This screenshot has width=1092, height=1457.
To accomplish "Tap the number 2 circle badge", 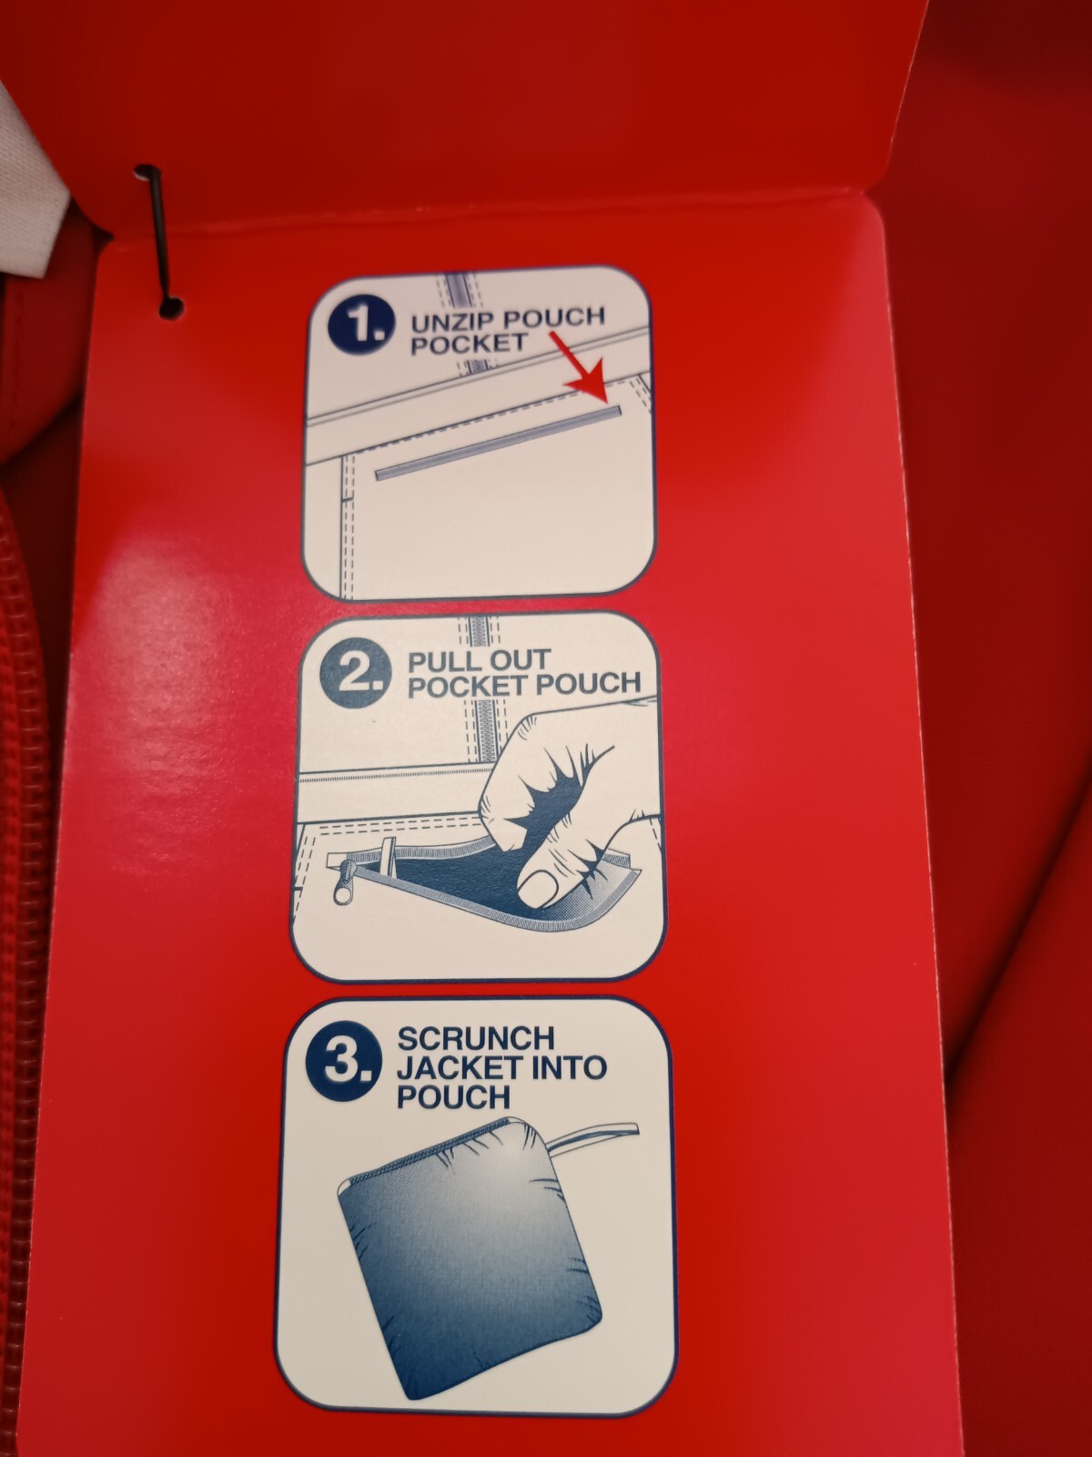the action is [353, 672].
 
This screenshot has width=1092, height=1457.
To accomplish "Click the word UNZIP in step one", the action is [451, 323].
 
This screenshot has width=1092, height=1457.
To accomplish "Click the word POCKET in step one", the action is [469, 344].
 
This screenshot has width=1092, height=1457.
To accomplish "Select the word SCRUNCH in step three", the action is [475, 1038].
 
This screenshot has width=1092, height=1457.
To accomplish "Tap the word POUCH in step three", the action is [453, 1097].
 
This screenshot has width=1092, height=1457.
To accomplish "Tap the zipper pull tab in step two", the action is [345, 882].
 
